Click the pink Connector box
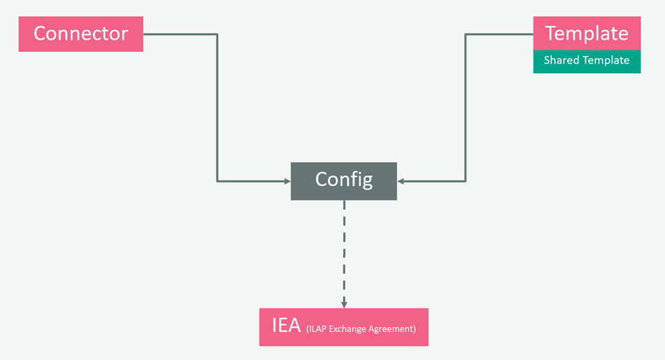tap(80, 34)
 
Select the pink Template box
tap(587, 33)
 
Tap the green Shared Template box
tap(587, 61)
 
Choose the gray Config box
tap(344, 181)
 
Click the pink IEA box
tap(344, 327)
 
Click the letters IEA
tap(286, 325)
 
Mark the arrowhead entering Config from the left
tap(287, 181)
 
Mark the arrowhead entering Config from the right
tap(401, 181)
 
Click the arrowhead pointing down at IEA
tap(344, 304)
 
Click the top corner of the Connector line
tap(217, 34)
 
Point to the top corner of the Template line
tap(465, 34)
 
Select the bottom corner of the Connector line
tap(217, 181)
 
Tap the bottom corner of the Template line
tap(465, 181)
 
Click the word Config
tap(344, 179)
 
